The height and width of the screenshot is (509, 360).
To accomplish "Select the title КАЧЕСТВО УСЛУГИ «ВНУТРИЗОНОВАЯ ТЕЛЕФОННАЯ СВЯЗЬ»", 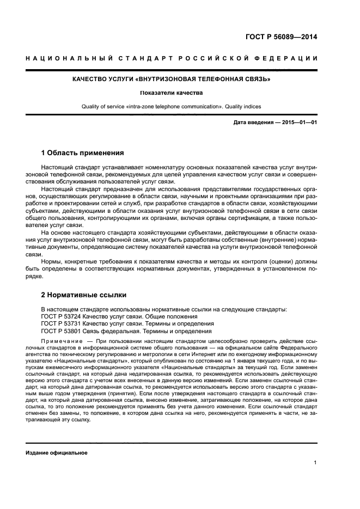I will [x=172, y=79].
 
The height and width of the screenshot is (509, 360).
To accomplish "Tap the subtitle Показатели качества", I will [x=172, y=93].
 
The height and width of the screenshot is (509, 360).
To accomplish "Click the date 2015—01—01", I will [x=299, y=122].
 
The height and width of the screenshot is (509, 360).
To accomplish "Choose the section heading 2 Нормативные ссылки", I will [x=84, y=295].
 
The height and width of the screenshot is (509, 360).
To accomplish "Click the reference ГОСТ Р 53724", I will [x=62, y=316].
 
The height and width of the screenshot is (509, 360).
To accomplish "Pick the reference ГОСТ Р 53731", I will [x=62, y=323].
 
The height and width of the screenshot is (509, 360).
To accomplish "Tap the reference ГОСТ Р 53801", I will [x=62, y=331].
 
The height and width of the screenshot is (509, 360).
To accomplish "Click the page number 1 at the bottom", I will [x=315, y=463].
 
